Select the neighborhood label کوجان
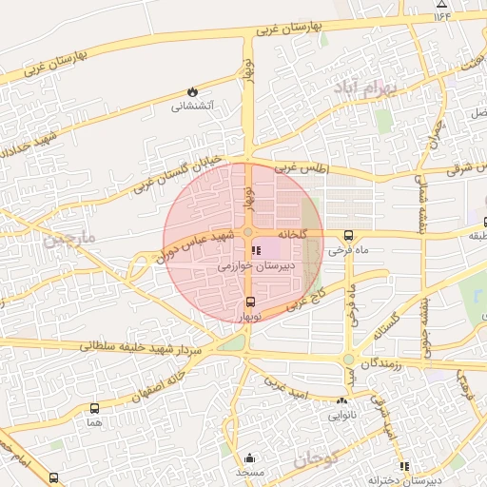pyautogui.click(x=316, y=460)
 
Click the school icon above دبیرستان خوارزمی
pyautogui.click(x=255, y=251)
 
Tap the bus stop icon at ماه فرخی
pyautogui.click(x=348, y=235)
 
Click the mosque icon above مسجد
pyautogui.click(x=249, y=458)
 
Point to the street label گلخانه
pyautogui.click(x=291, y=233)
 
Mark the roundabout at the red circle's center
pyautogui.click(x=247, y=233)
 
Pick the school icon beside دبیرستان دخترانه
pyautogui.click(x=405, y=467)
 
